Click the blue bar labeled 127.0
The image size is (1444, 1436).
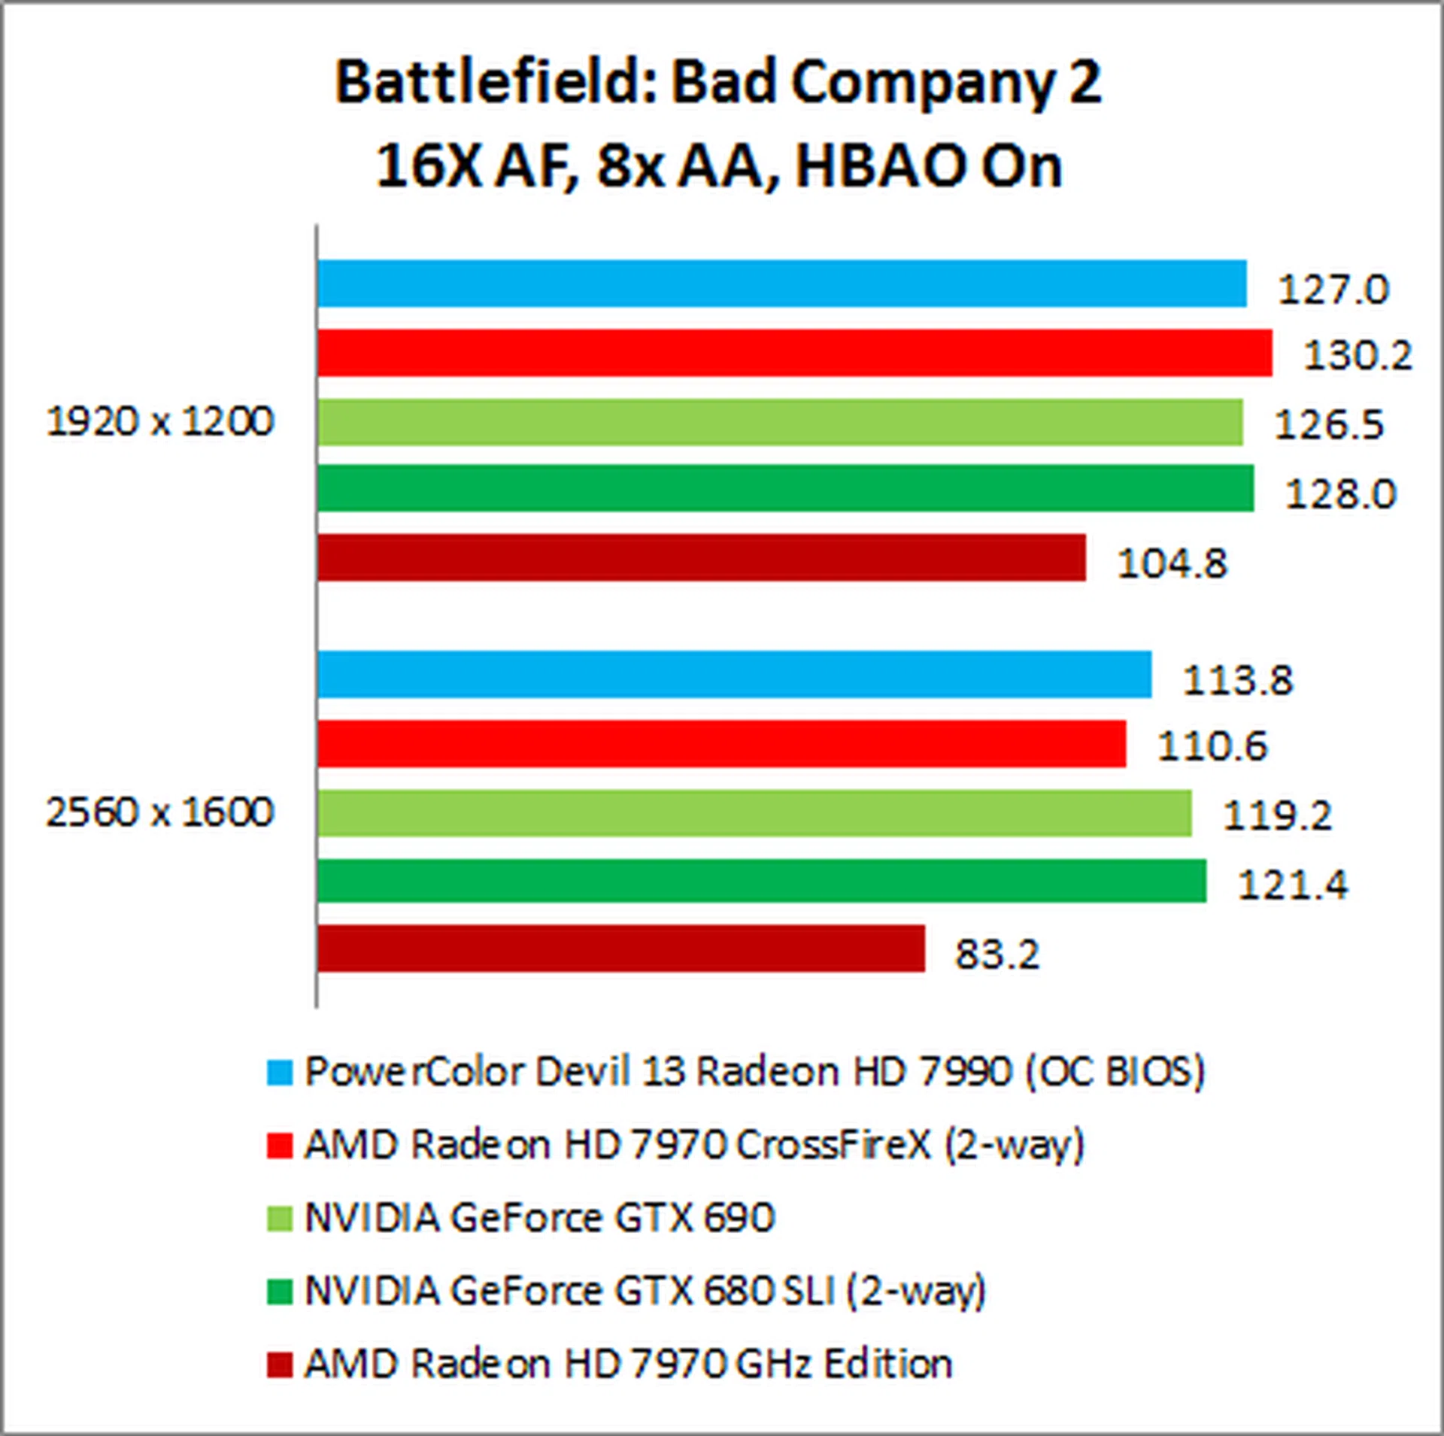[x=781, y=284]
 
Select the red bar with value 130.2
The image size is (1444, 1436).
[x=794, y=353]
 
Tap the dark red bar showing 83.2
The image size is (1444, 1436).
[x=620, y=949]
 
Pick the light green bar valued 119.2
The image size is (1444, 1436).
[x=754, y=812]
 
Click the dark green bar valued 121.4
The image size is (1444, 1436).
[x=761, y=881]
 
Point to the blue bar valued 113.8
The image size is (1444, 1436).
[x=734, y=675]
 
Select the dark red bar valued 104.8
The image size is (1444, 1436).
[x=701, y=557]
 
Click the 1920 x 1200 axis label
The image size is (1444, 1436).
[x=159, y=421]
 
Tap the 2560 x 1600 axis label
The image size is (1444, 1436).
[x=159, y=812]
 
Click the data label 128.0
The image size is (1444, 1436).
[x=1340, y=494]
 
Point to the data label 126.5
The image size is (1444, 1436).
[x=1328, y=425]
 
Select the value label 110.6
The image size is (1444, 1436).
[x=1212, y=746]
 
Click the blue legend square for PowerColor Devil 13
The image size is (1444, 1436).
[x=279, y=1073]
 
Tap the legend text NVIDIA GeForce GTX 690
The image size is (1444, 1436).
[x=538, y=1217]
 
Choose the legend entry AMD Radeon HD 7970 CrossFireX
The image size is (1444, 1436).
[x=693, y=1145]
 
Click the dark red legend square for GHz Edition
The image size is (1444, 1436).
[x=279, y=1364]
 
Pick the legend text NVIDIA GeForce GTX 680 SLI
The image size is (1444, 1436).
[x=645, y=1290]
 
